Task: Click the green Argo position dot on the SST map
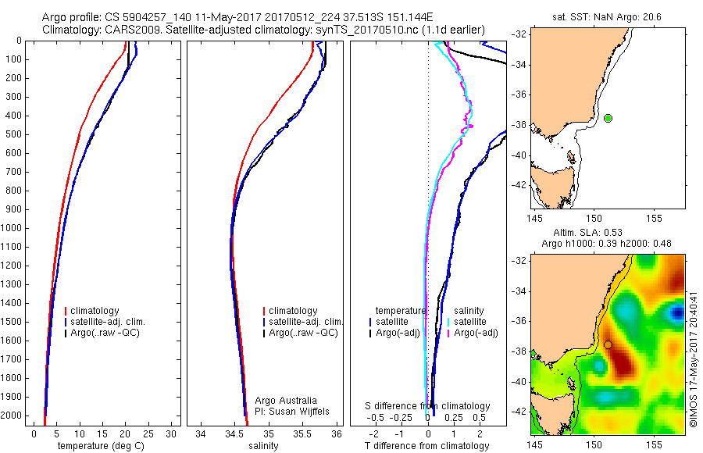click(x=608, y=118)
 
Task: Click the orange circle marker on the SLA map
click(x=607, y=344)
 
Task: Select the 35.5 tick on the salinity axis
click(x=303, y=433)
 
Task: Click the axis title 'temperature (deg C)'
click(x=104, y=446)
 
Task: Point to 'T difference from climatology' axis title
click(x=426, y=446)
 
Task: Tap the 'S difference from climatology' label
click(x=428, y=406)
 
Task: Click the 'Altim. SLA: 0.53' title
click(x=598, y=233)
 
